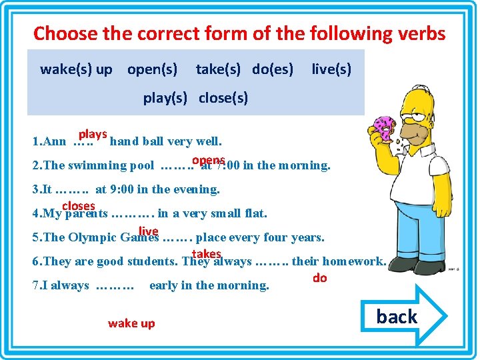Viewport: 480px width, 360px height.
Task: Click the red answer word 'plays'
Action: [93, 133]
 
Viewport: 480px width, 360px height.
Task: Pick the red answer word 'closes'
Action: [79, 206]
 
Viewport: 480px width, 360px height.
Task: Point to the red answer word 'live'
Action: [148, 231]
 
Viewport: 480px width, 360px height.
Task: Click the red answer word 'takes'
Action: [206, 254]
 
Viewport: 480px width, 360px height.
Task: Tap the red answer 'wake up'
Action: [131, 323]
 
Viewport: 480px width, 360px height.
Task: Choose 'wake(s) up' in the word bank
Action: [76, 69]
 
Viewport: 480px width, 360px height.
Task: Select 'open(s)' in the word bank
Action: [152, 69]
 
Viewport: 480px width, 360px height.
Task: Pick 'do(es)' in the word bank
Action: [273, 69]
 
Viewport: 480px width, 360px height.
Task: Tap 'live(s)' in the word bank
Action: [331, 69]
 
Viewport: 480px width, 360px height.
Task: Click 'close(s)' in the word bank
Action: [223, 98]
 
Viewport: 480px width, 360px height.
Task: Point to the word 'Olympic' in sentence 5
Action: [93, 237]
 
